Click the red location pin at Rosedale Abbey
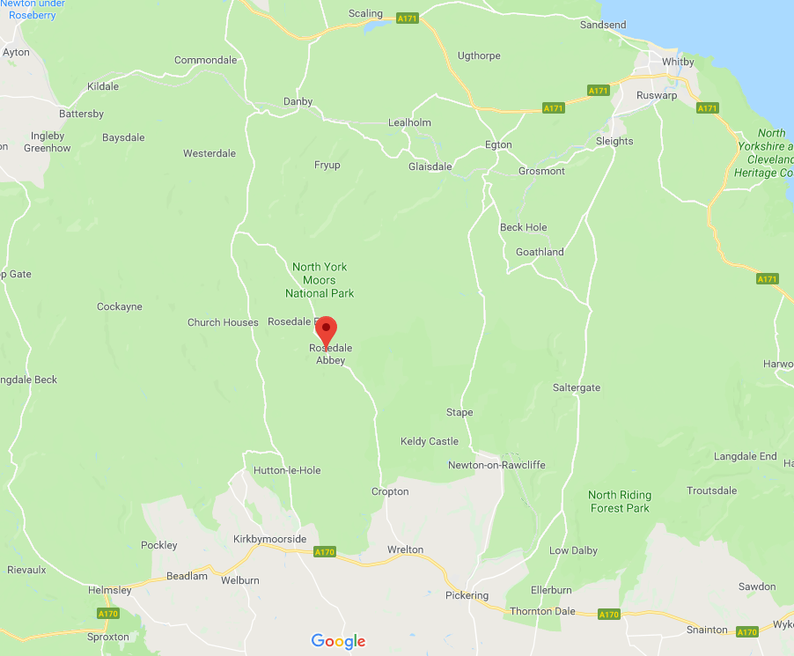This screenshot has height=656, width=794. click(327, 329)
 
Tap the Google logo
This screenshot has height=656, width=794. click(338, 641)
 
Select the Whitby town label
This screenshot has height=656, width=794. click(678, 62)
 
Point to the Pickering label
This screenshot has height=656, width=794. click(467, 595)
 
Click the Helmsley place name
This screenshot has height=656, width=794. click(110, 590)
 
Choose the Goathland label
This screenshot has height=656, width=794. click(540, 252)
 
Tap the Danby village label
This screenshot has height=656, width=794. click(298, 102)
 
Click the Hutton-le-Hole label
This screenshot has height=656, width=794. click(287, 470)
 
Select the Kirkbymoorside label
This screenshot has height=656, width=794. click(270, 539)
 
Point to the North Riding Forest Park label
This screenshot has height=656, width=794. click(619, 501)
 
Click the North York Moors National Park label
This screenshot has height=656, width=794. click(320, 280)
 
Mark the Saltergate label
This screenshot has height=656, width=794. click(577, 387)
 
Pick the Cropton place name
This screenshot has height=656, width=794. click(390, 491)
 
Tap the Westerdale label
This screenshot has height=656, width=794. click(210, 153)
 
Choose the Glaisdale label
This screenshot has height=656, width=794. click(430, 166)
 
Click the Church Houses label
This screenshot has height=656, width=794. click(223, 322)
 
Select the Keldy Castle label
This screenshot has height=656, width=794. click(430, 441)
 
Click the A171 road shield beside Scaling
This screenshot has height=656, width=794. click(407, 18)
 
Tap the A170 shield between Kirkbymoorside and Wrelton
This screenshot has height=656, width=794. click(325, 552)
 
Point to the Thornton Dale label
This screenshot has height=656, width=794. click(542, 611)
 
